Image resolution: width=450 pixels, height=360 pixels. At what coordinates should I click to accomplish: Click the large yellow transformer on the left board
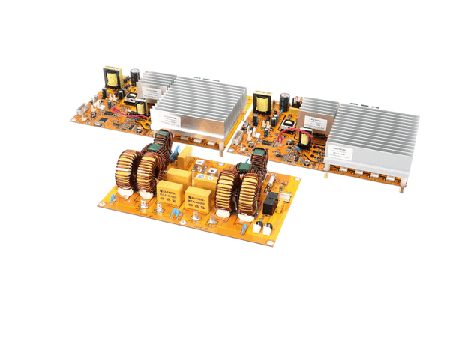coord(112,76)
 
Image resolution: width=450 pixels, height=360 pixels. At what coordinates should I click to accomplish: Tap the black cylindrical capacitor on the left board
coord(133,75)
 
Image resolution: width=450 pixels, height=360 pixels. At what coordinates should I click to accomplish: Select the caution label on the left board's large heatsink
coord(170,117)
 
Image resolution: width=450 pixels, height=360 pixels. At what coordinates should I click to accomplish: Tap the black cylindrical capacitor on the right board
coord(286,100)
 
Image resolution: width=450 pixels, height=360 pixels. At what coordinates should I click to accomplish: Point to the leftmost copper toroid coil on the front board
coord(124,171)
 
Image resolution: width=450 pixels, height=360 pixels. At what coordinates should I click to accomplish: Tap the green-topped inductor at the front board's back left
coord(163,142)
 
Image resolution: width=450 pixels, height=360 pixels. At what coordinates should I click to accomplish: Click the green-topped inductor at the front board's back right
coord(259,159)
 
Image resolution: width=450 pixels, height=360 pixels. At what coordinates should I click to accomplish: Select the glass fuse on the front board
coord(286,197)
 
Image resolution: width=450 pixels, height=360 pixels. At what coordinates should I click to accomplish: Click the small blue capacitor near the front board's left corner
coord(112,199)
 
